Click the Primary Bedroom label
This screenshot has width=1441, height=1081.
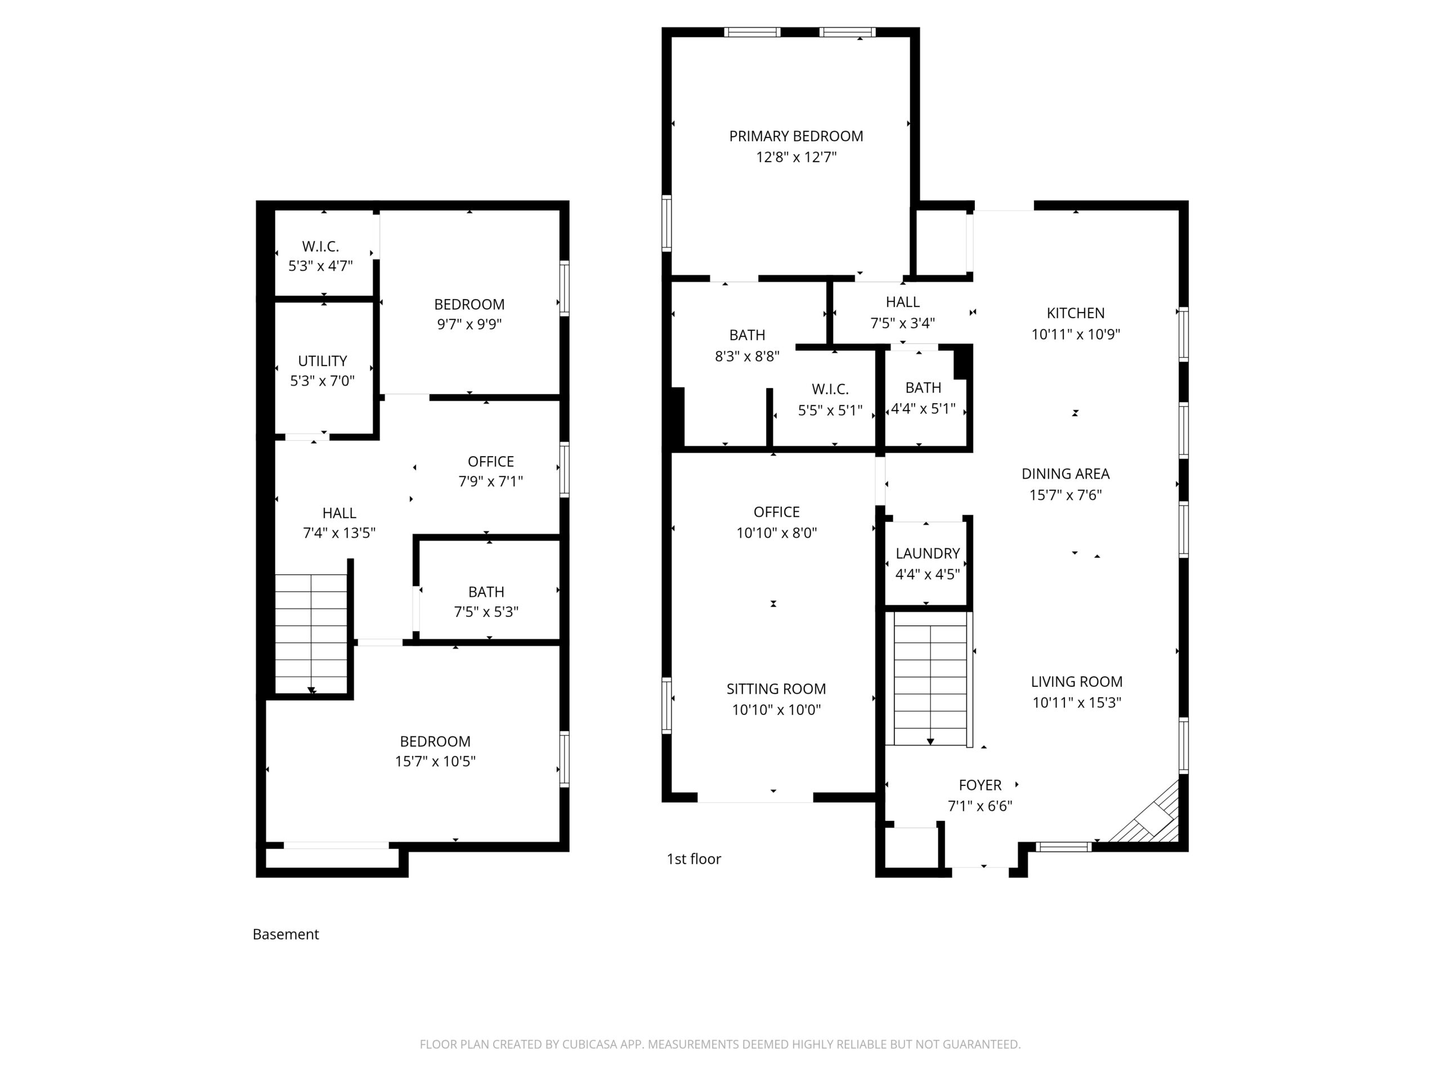point(795,136)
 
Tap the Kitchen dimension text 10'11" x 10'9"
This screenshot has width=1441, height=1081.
point(1076,334)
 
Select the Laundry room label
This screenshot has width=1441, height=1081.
point(928,553)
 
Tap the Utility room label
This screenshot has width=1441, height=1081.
point(322,361)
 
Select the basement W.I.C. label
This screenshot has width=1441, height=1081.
point(320,246)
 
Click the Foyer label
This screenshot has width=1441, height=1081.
point(980,785)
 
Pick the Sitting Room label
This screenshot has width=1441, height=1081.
point(776,689)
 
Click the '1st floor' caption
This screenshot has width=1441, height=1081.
point(694,859)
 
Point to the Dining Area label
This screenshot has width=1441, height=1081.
point(1065,474)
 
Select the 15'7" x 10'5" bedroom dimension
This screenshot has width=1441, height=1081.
point(435,761)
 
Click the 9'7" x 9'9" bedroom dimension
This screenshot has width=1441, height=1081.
point(469,324)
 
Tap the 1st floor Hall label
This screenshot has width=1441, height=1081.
point(902,302)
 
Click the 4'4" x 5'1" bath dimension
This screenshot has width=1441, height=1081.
point(923,409)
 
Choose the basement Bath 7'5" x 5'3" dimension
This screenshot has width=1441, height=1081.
point(486,612)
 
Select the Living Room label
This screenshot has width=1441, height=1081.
point(1076,682)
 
